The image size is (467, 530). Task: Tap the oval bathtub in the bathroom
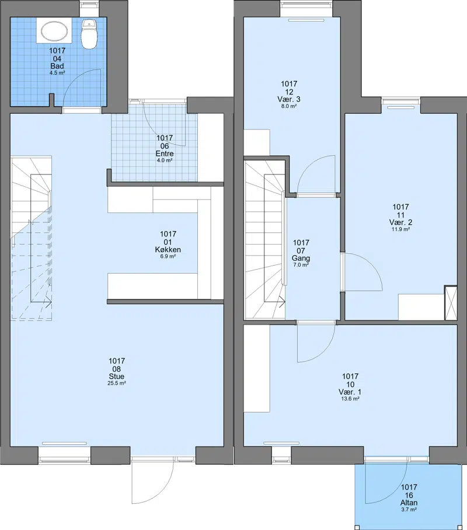[x=54, y=31]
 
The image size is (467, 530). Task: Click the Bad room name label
[x=57, y=67]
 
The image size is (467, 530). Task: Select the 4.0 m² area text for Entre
[x=165, y=160]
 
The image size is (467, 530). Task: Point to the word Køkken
[x=168, y=250]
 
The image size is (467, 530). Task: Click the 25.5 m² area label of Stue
[x=117, y=383]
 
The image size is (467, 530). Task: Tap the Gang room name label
[x=301, y=259]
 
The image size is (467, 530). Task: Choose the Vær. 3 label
[x=289, y=99]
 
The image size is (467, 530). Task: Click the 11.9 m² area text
[x=400, y=229]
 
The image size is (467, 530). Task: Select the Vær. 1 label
[x=350, y=392]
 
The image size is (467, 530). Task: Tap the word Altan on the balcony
[x=409, y=503]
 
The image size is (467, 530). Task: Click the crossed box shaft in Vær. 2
[x=451, y=303]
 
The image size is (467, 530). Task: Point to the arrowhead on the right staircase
[x=282, y=302]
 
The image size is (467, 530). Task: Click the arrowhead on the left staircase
[x=48, y=302]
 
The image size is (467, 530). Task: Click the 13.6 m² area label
[x=350, y=399]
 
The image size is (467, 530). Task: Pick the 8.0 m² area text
[x=289, y=106]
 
